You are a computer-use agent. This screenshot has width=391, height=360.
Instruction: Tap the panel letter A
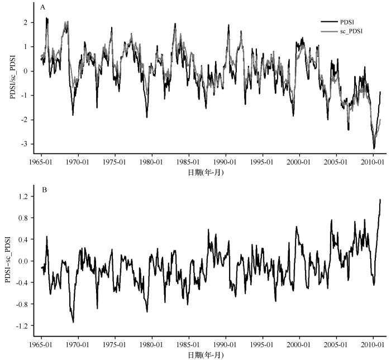(x=44, y=7)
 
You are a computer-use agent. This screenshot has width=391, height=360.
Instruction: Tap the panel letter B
(x=44, y=190)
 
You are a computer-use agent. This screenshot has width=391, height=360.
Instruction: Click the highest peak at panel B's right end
(x=380, y=199)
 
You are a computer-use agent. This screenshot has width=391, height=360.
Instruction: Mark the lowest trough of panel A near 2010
(x=374, y=148)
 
